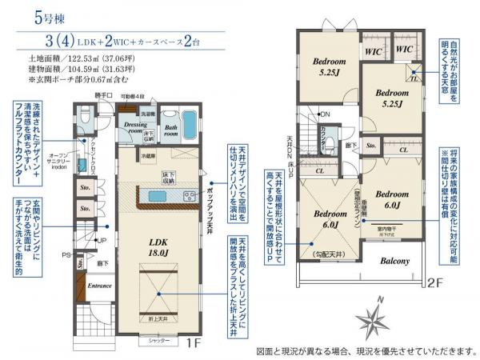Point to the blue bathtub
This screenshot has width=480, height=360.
(x=190, y=126)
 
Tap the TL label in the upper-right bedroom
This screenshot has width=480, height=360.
(x=414, y=77)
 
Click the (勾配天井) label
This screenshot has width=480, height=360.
(x=329, y=254)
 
